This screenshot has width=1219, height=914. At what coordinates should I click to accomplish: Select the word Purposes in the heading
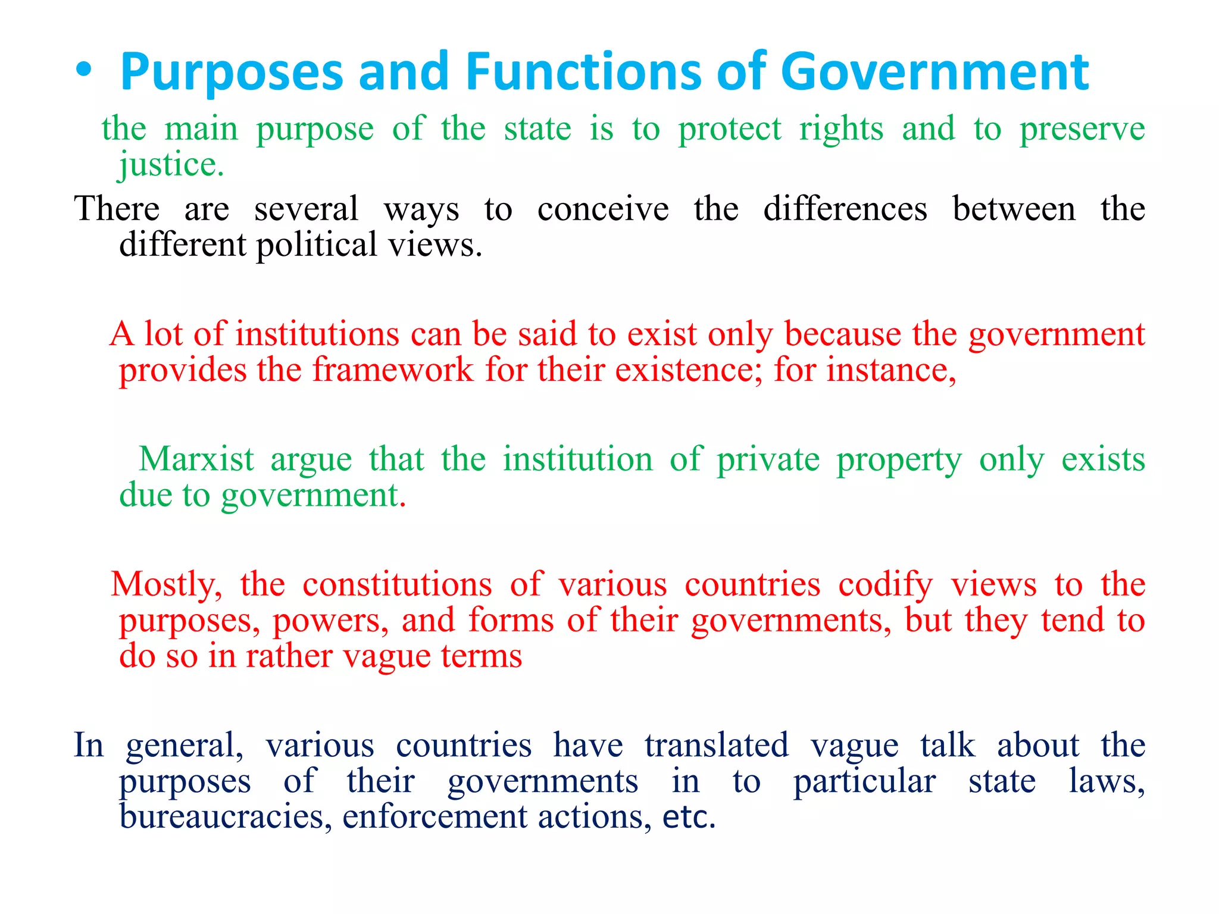point(232,73)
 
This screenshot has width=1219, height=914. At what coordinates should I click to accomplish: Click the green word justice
point(171,164)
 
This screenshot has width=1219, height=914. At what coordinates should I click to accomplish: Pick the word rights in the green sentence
point(841,129)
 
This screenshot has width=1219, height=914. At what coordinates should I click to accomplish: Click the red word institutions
point(317,333)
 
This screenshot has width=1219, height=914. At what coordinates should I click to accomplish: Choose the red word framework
point(393,370)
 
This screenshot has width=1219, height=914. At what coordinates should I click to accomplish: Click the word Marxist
point(196,459)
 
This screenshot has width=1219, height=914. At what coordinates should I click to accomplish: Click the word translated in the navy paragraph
point(717,745)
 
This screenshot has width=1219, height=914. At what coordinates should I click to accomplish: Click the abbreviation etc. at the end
point(689,816)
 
